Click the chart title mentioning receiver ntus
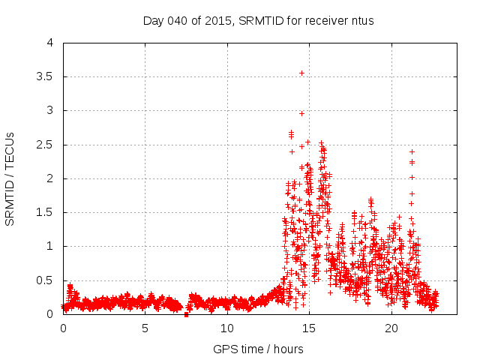click(x=258, y=20)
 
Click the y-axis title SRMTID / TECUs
click(x=10, y=178)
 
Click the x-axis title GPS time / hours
click(x=258, y=349)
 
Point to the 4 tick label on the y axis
click(x=50, y=43)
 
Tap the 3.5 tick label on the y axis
click(x=46, y=76)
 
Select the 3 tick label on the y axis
click(x=50, y=110)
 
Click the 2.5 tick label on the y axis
click(x=46, y=144)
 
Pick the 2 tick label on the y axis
click(x=50, y=178)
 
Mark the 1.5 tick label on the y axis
click(x=46, y=212)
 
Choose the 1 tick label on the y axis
click(x=50, y=246)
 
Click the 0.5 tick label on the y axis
click(x=46, y=280)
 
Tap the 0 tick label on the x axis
click(x=63, y=328)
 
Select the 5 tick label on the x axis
click(x=145, y=328)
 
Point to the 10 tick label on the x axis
click(x=227, y=328)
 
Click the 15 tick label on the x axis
click(x=309, y=328)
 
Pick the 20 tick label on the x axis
click(x=391, y=328)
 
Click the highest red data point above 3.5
click(x=301, y=73)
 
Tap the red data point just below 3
click(x=301, y=113)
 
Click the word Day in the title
click(x=153, y=20)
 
